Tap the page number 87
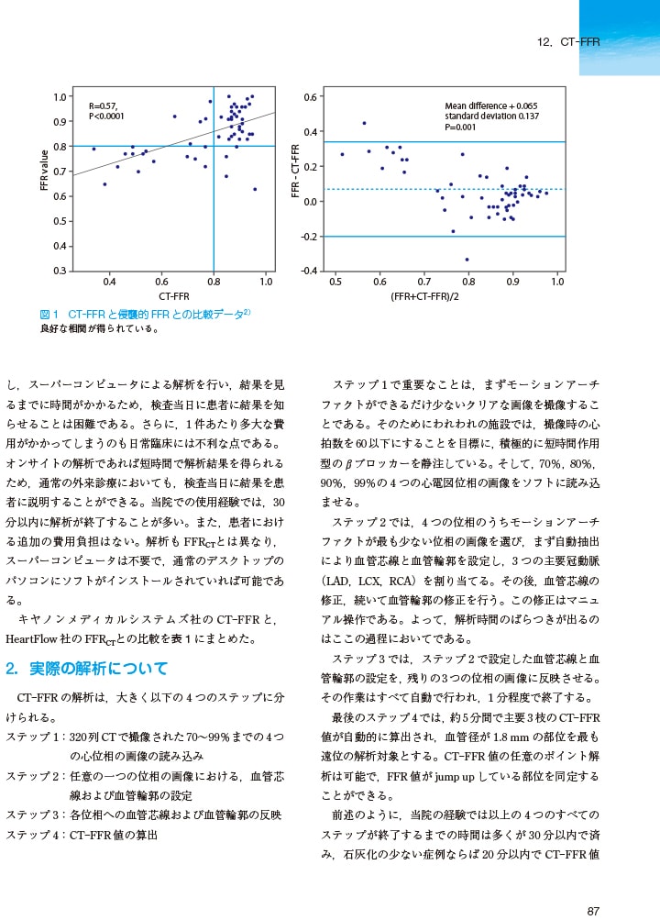593,911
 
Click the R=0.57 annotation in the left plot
103,105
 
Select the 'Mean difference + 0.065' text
491,106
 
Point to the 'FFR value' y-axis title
43,171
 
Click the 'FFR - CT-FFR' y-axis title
295,171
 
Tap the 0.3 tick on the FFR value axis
59,271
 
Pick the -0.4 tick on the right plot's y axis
310,271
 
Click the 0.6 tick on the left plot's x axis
161,282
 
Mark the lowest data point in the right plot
467,260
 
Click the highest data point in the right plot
364,123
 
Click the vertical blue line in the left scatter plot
214,211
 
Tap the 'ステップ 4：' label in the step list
35,835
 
